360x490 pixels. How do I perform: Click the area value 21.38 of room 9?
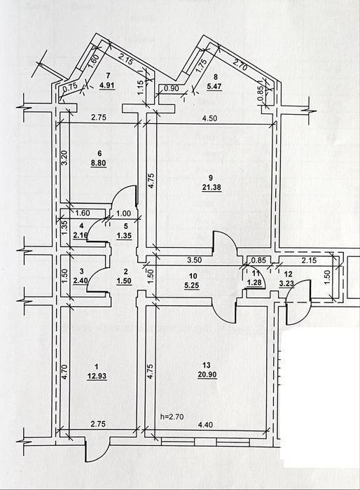tap(211, 188)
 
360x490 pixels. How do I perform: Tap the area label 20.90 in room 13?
tap(207, 374)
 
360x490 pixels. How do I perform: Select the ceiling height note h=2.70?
tap(172, 416)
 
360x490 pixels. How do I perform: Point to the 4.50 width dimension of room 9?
tap(210, 118)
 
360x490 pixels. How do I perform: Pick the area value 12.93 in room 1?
tap(97, 376)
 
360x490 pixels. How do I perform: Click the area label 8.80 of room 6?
tap(99, 162)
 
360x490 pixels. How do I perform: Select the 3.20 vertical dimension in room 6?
tap(64, 158)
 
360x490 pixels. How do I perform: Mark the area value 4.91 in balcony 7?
tap(107, 85)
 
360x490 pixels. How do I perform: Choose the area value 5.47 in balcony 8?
tap(214, 86)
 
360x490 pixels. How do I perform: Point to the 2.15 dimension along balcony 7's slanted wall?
tap(127, 59)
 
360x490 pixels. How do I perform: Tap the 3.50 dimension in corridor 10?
tap(194, 260)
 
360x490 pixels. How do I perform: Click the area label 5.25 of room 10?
tap(192, 285)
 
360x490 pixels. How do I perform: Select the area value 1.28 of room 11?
tap(254, 283)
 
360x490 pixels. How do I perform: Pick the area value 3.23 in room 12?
tap(288, 283)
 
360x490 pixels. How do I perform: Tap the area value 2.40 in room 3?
tap(80, 280)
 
